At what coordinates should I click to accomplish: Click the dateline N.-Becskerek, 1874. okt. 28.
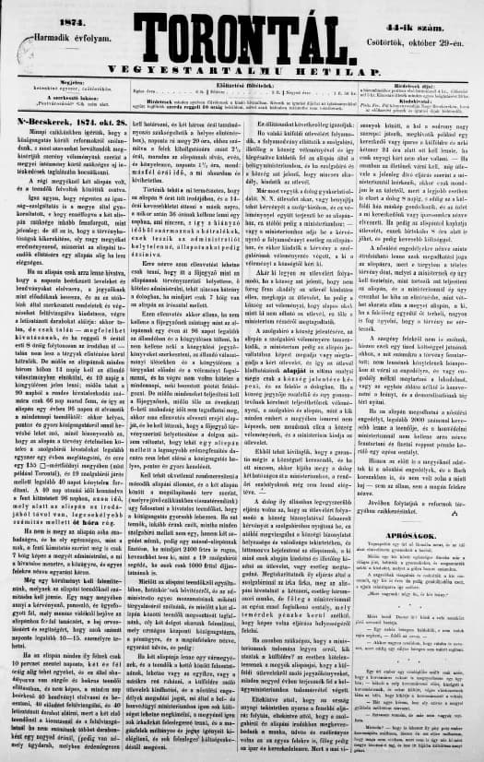coord(62,145)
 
